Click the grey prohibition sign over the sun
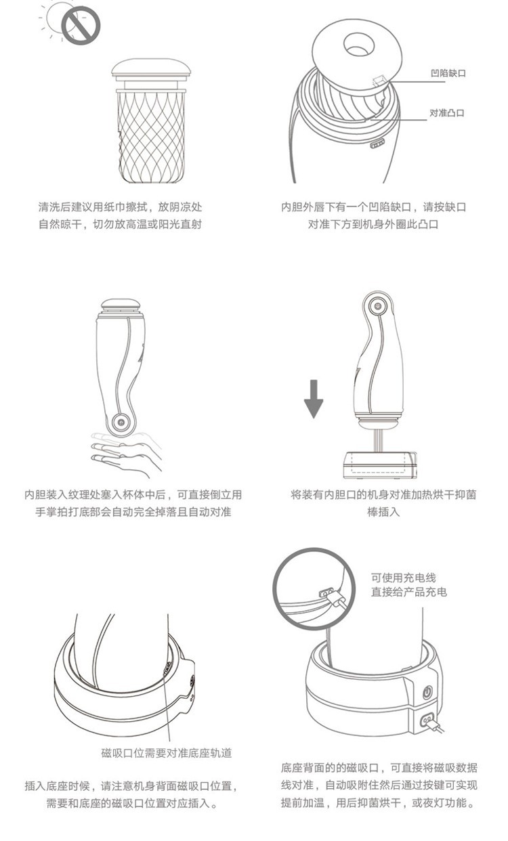tap(81, 25)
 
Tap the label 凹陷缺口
tap(448, 73)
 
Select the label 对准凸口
tap(447, 112)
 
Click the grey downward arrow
tap(314, 399)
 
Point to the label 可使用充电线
tap(404, 578)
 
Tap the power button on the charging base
tap(427, 692)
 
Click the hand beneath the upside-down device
tap(126, 454)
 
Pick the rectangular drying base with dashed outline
tap(380, 465)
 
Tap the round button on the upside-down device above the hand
tap(121, 423)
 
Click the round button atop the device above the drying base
tap(378, 306)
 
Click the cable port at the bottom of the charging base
tap(427, 720)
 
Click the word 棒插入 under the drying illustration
tap(383, 512)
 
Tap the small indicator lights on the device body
tap(377, 144)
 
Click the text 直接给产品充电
tap(409, 592)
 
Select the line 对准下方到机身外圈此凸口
tap(373, 224)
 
